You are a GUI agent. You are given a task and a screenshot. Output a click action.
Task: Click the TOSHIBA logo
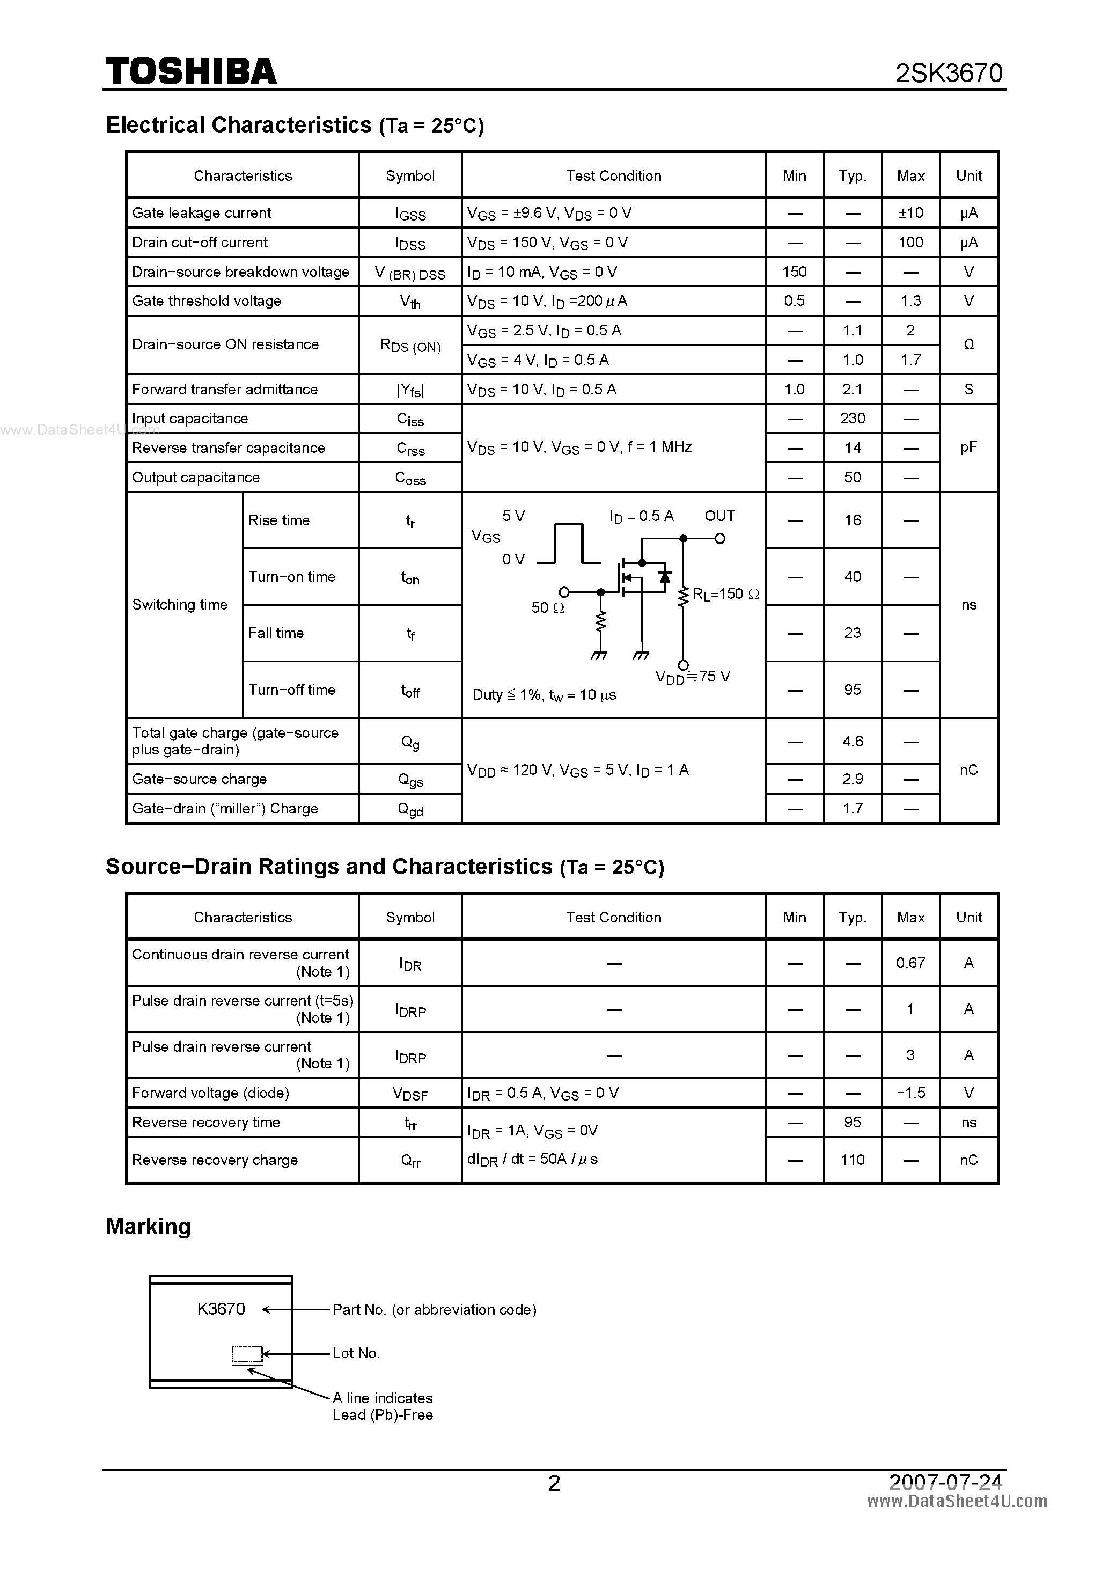coord(190,72)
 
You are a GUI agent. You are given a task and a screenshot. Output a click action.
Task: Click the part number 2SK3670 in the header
coord(949,73)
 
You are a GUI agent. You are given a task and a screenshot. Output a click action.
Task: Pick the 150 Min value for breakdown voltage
coord(794,272)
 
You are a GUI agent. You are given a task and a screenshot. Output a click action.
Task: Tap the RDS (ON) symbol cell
coord(410,346)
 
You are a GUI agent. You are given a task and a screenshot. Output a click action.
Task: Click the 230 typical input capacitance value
coord(852,418)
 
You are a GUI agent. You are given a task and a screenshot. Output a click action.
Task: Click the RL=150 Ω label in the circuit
coord(726,594)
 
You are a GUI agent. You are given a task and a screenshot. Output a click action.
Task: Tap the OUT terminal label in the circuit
coord(719,516)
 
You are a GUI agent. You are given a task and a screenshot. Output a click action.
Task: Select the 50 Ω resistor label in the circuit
coord(547,607)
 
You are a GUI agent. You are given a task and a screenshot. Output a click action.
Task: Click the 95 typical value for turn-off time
coord(852,690)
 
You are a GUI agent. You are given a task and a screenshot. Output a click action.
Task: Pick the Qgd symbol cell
coord(410,809)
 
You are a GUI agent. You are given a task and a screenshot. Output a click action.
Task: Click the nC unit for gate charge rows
coord(968,770)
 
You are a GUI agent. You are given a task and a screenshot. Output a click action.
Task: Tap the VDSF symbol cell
coord(410,1094)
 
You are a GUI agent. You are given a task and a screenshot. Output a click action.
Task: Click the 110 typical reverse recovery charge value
coord(852,1160)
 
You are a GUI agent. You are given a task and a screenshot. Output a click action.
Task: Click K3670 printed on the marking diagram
coord(221,1309)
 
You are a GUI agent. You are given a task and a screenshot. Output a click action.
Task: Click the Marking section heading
coord(148,1227)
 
